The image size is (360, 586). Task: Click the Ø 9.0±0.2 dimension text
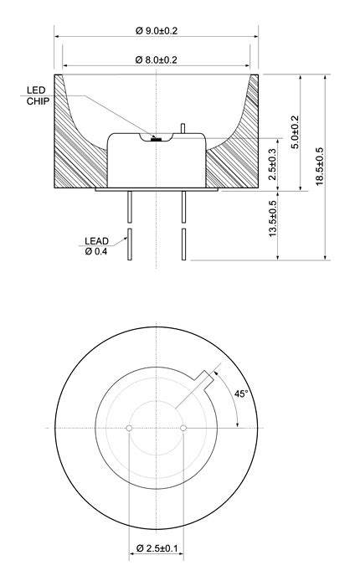[x=157, y=31]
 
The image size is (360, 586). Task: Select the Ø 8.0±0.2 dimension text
[x=157, y=59]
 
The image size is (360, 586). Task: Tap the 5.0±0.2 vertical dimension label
[x=296, y=132]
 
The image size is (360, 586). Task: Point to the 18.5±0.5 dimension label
[x=320, y=166]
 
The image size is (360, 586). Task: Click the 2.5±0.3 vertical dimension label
[x=273, y=164]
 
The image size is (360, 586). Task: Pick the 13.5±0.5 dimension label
[x=273, y=218]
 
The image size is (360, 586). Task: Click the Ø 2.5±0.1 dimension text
[x=157, y=548]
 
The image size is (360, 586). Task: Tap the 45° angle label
[x=241, y=393]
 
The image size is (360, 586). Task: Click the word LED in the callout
[x=36, y=90]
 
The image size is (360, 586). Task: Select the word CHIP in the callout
[x=38, y=101]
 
